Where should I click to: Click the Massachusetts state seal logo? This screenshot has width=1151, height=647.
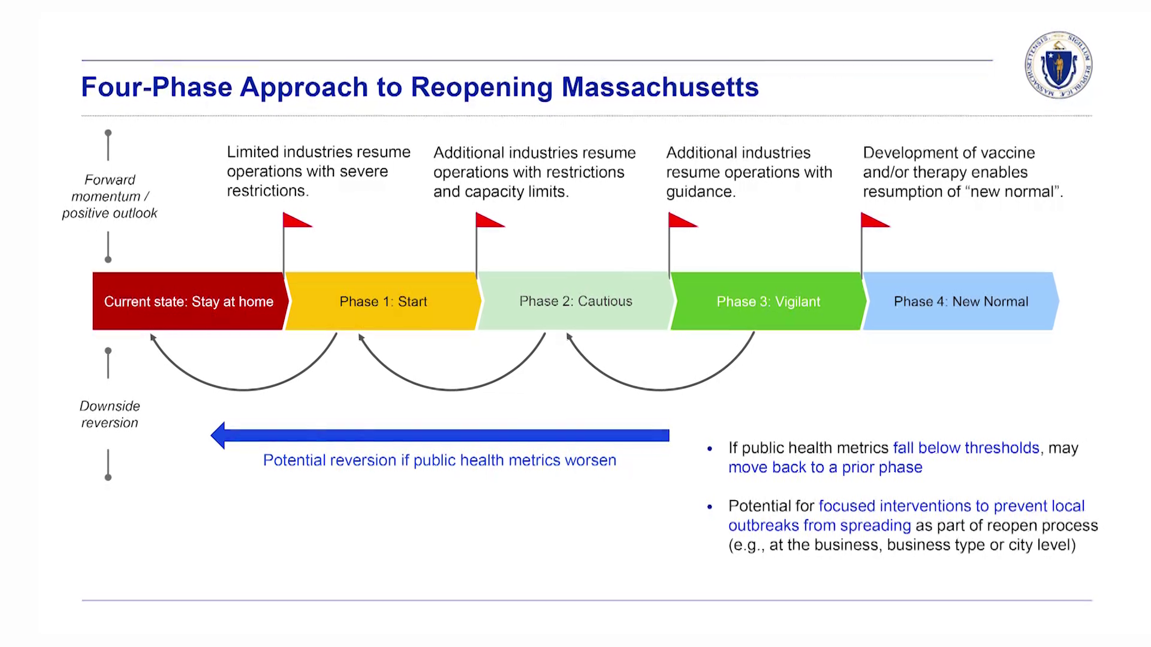pos(1058,65)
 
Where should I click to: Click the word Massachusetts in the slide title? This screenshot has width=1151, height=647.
pos(660,87)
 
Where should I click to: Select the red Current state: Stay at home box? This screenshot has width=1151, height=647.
pos(189,301)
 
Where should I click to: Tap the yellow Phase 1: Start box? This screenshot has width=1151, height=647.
pos(383,301)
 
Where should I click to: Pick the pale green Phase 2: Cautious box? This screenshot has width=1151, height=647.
pos(575,301)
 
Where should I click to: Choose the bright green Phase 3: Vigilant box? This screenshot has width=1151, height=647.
pos(769,301)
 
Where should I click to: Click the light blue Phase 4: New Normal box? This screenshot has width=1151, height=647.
pos(961,301)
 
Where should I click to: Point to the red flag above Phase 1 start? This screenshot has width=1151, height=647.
pos(297,220)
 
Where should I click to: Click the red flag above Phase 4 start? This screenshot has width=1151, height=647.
pos(875,220)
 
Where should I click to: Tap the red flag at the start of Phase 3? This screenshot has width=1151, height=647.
pos(683,220)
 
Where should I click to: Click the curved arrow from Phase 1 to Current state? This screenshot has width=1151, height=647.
pos(243,390)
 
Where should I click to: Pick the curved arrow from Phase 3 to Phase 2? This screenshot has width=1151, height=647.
pos(660,390)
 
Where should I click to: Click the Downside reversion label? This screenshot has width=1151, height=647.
pos(110,414)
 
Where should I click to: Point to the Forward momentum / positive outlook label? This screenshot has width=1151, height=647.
pos(110,196)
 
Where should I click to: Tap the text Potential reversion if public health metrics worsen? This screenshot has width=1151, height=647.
pos(439,460)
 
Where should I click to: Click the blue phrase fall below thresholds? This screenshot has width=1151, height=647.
pos(966,448)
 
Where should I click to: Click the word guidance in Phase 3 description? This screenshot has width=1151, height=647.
pos(700,192)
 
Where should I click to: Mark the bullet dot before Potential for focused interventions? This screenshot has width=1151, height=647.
pos(710,507)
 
